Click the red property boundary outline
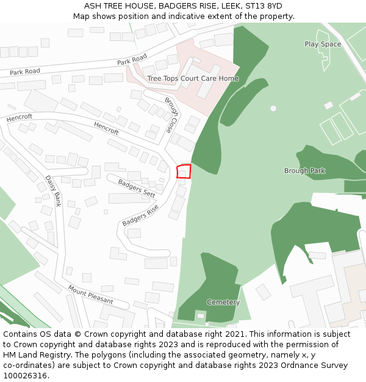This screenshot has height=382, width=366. (x=184, y=172)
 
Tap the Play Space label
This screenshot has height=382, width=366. (x=323, y=44)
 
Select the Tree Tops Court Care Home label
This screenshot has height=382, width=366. (x=193, y=79)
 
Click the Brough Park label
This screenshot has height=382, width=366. (x=304, y=171)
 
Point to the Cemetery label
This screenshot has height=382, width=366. (x=223, y=303)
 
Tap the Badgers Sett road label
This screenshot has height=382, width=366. (x=137, y=188)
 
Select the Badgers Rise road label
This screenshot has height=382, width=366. (x=140, y=215)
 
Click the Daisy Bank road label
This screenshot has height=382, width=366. (x=53, y=191)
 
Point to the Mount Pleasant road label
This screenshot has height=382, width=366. (x=90, y=295)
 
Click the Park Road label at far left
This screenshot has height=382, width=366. (x=25, y=72)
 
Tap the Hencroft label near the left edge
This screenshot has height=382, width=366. (x=20, y=117)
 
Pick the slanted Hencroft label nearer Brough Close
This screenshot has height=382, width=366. (x=106, y=128)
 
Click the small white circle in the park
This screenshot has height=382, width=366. (x=273, y=108)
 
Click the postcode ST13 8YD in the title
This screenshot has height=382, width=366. (x=264, y=6)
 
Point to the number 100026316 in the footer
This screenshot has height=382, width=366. (x=26, y=375)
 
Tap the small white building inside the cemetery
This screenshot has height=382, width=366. (x=201, y=315)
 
